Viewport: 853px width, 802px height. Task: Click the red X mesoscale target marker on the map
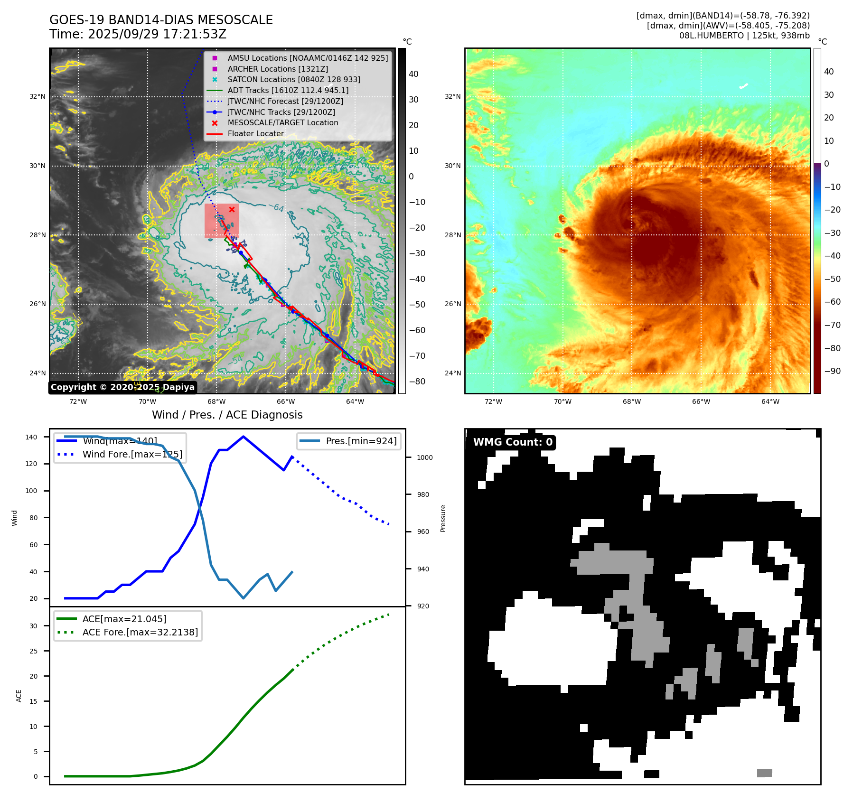pyautogui.click(x=232, y=209)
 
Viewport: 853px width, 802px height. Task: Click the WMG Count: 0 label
pyautogui.click(x=513, y=442)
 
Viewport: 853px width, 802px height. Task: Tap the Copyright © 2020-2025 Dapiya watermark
pyautogui.click(x=122, y=387)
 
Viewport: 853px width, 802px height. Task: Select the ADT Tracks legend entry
pyautogui.click(x=288, y=90)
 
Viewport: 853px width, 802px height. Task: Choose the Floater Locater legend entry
pyautogui.click(x=255, y=133)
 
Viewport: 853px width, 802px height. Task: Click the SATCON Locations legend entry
pyautogui.click(x=293, y=79)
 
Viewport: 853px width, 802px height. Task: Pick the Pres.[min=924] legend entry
pyautogui.click(x=361, y=441)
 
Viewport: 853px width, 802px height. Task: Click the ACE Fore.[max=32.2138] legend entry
pyautogui.click(x=140, y=632)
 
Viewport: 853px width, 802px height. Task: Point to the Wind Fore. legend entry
pyautogui.click(x=132, y=454)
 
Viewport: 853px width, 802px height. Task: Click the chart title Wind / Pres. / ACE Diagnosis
pyautogui.click(x=227, y=415)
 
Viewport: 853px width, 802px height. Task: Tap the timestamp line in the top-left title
pyautogui.click(x=138, y=34)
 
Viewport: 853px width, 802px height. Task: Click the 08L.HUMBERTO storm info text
pyautogui.click(x=744, y=36)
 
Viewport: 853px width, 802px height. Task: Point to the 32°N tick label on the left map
pyautogui.click(x=37, y=96)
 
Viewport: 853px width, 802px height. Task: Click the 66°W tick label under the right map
pyautogui.click(x=701, y=401)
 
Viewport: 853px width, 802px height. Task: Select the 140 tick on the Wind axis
pyautogui.click(x=31, y=437)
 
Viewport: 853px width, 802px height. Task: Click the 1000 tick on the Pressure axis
pyautogui.click(x=425, y=457)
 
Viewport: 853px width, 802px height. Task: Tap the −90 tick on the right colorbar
pyautogui.click(x=832, y=371)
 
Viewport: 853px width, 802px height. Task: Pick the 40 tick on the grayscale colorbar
pyautogui.click(x=413, y=74)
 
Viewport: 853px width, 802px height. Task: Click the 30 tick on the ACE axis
pyautogui.click(x=33, y=626)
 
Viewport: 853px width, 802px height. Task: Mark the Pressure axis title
pyautogui.click(x=443, y=518)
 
